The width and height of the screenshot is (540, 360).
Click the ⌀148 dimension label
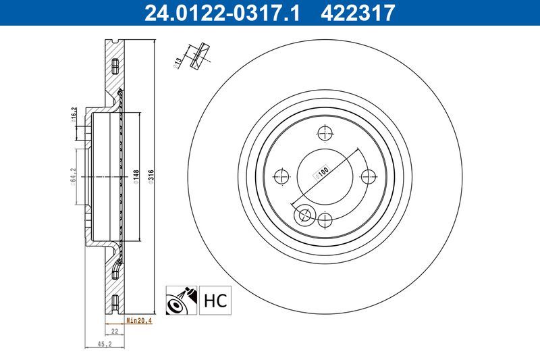click(x=136, y=176)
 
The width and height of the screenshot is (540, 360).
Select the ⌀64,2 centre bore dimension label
click(x=72, y=178)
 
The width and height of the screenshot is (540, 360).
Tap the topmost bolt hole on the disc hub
click(x=325, y=133)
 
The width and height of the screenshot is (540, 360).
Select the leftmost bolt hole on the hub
click(x=282, y=177)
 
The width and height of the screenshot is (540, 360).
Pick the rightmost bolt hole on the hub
click(x=369, y=177)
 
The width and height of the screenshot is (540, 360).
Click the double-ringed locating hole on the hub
click(x=304, y=215)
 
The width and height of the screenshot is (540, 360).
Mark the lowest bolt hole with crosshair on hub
click(x=325, y=220)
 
